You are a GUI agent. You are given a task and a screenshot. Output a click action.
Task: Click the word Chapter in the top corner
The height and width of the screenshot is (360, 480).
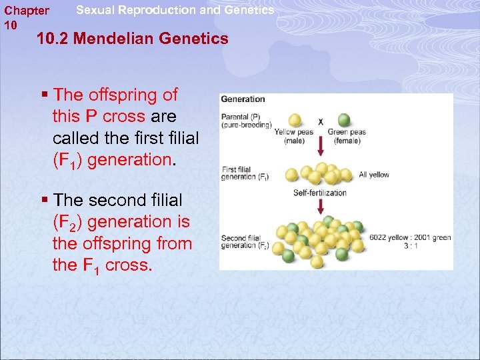click(27, 11)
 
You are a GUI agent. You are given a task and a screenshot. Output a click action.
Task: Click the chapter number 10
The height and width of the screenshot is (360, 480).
click(11, 25)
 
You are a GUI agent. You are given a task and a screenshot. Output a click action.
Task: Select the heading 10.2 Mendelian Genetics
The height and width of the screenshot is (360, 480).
click(133, 39)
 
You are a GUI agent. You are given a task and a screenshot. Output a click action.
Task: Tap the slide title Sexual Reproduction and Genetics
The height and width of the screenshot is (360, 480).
click(175, 10)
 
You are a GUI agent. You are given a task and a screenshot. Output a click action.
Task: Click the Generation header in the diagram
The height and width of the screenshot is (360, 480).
click(243, 99)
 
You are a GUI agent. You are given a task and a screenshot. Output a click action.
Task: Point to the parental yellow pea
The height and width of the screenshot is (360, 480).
click(294, 121)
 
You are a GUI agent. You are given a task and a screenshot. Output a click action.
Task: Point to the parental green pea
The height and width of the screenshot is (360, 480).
click(344, 121)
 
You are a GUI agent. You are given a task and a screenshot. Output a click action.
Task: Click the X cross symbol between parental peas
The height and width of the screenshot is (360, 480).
click(321, 121)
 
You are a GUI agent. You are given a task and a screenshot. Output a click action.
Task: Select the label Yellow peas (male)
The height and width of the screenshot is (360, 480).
click(294, 136)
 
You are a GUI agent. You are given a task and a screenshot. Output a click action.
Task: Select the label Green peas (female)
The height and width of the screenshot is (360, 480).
click(347, 136)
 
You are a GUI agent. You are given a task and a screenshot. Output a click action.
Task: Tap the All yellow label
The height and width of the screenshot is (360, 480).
click(373, 175)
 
